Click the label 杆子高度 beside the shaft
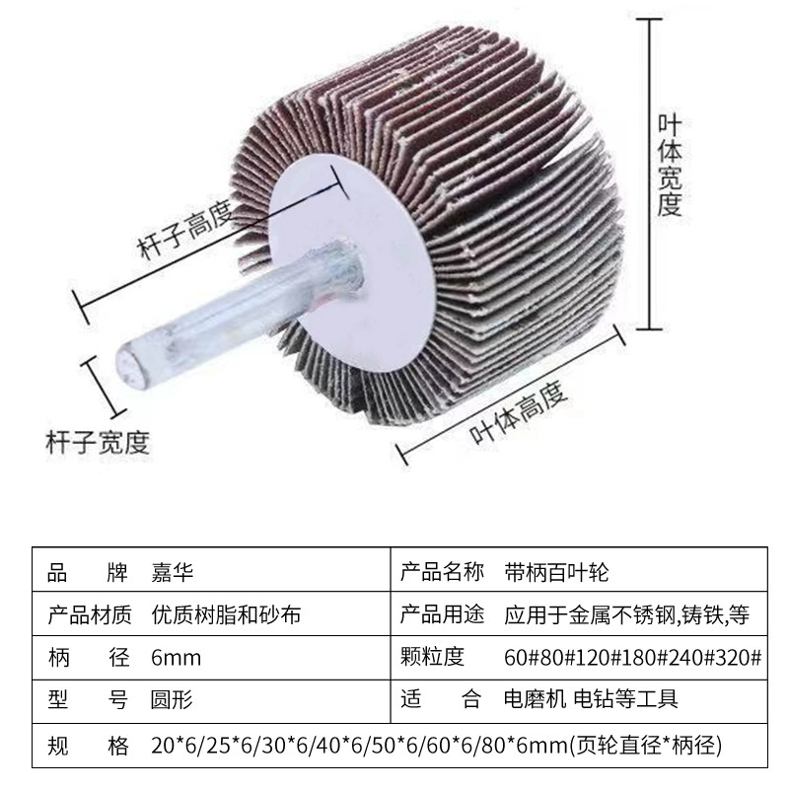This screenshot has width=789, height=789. [x=185, y=229]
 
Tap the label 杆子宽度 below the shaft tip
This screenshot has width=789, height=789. [x=98, y=443]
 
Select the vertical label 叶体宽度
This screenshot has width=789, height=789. [x=670, y=166]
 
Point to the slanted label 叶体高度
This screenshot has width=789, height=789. [x=518, y=413]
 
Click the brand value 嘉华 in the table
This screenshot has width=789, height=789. [x=172, y=572]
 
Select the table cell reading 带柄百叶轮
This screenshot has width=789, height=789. [x=556, y=572]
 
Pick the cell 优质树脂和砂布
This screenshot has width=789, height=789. [x=226, y=614]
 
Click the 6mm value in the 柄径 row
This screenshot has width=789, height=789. [x=177, y=658]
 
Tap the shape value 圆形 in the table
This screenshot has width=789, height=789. [x=172, y=699]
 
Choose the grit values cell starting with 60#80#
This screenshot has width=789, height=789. [x=632, y=657]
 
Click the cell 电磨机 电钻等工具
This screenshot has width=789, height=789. [x=591, y=699]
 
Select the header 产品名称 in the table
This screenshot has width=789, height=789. [x=442, y=572]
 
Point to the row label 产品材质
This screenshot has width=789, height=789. [x=90, y=614]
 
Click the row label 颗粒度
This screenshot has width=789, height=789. [x=432, y=657]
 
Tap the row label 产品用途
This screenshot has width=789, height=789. [x=442, y=614]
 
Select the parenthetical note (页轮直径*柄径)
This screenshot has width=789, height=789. [x=646, y=745]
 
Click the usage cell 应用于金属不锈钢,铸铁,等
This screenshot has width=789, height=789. [x=627, y=614]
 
